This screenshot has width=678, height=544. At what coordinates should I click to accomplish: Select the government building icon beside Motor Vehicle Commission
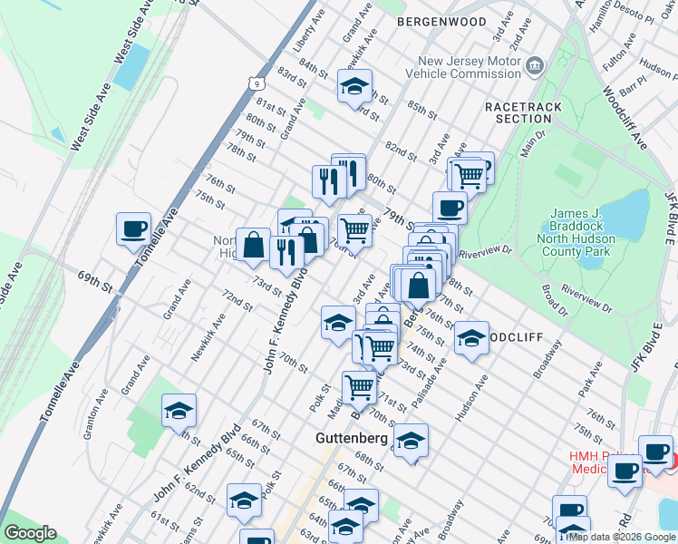535,65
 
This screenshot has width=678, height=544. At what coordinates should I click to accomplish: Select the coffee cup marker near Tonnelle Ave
134,228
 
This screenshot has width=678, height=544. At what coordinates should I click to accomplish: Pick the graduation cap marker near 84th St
354,86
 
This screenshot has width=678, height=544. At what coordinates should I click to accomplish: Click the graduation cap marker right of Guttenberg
411,441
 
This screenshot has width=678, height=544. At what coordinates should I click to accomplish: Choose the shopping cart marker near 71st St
360,387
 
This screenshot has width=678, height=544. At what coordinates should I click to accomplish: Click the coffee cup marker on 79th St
450,208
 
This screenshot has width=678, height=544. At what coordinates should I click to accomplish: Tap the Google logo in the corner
31,532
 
